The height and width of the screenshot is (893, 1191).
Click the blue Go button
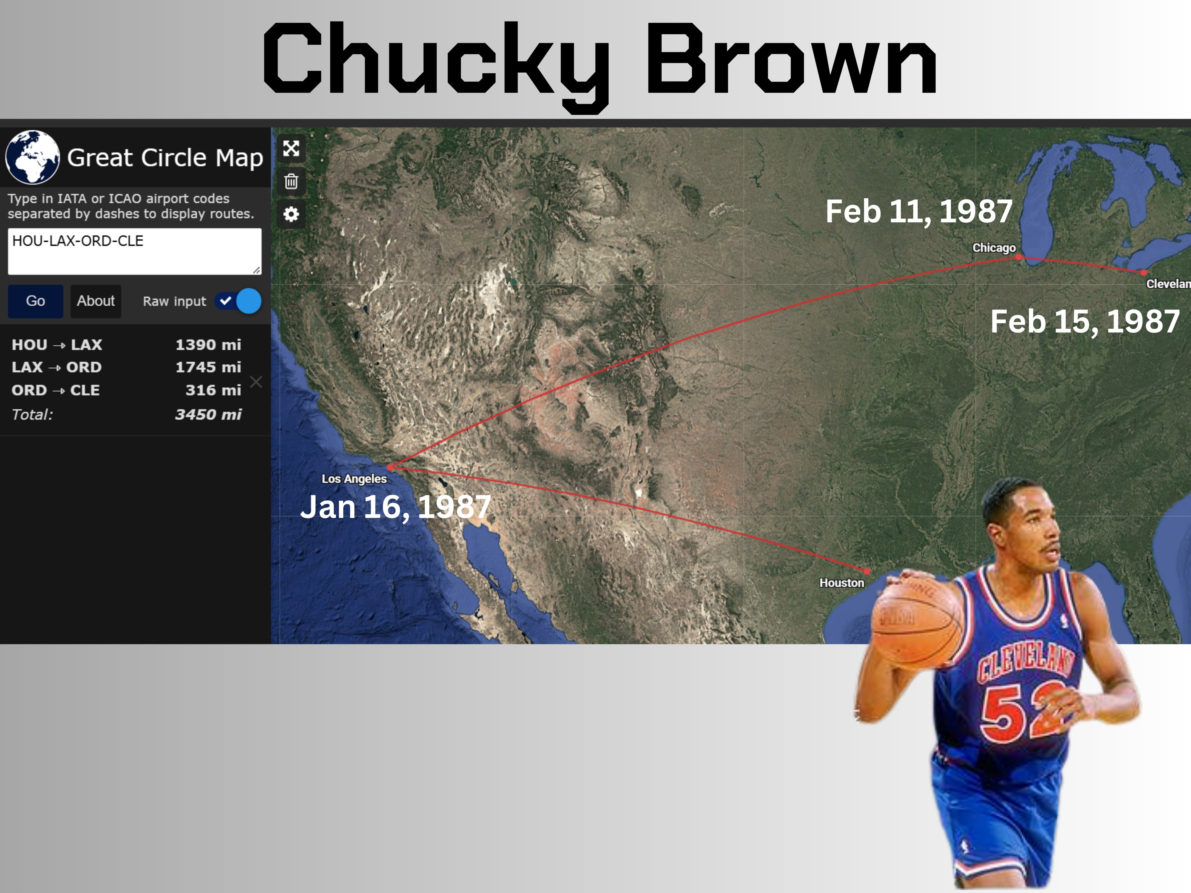coord(35,301)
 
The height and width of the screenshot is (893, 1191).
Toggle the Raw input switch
coord(238,301)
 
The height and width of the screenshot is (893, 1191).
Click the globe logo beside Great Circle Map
coord(32,157)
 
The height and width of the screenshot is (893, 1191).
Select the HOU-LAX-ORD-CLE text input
coord(135,251)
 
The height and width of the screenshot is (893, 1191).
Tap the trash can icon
coord(291,181)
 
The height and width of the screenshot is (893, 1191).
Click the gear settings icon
coord(291,214)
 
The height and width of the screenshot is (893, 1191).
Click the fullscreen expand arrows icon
coord(291,148)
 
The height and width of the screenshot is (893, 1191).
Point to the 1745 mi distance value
coord(208,367)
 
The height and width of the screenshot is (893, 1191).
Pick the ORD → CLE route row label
coord(55,390)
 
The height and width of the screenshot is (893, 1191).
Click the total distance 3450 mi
coord(208,414)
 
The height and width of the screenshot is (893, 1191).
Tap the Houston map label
coord(841,583)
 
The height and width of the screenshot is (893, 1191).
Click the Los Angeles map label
coord(354,479)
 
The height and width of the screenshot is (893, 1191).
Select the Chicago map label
coord(994,248)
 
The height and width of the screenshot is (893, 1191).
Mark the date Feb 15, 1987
coord(1085,322)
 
